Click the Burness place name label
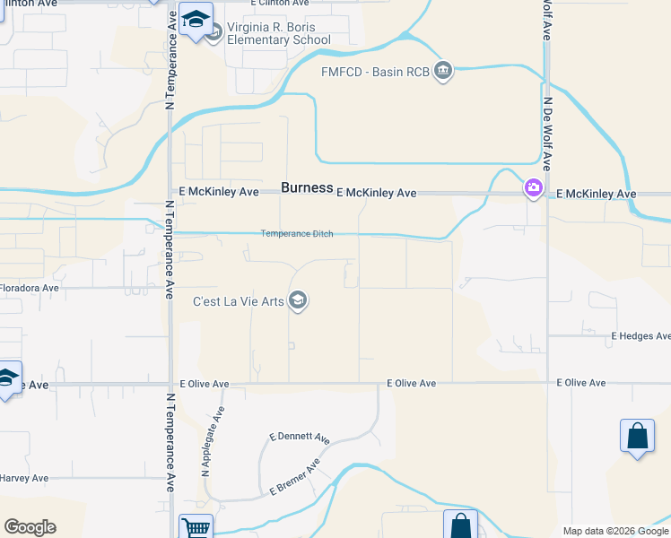point(307,188)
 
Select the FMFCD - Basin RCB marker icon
point(442,71)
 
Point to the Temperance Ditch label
point(297,234)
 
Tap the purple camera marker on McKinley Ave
point(534,188)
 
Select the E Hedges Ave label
point(640,336)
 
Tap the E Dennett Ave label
point(300,438)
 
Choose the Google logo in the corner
point(30,527)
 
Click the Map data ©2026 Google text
point(615,531)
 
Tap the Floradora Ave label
point(29,289)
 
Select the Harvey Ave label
point(24,478)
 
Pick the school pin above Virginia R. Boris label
point(195,19)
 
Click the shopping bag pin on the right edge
point(637,437)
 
